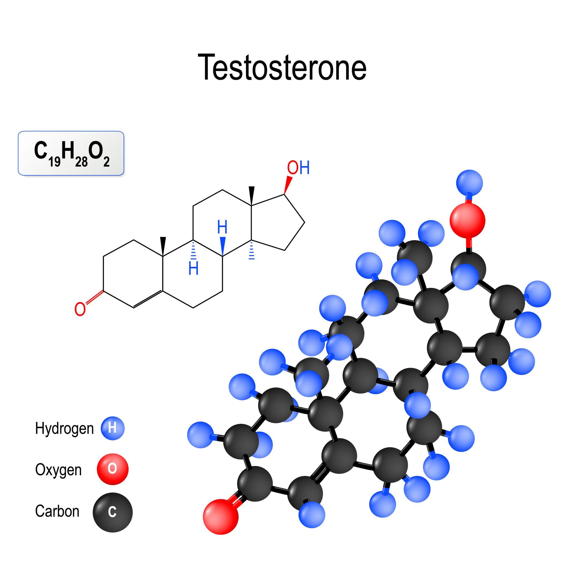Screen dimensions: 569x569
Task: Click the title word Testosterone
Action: pyautogui.click(x=283, y=67)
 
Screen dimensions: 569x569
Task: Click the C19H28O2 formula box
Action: pyautogui.click(x=71, y=153)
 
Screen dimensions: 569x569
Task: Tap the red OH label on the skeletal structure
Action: pyautogui.click(x=298, y=168)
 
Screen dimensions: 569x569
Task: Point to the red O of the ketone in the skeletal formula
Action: pyautogui.click(x=80, y=309)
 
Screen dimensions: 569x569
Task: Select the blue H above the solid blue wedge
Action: pyautogui.click(x=222, y=227)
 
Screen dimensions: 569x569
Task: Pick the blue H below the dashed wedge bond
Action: pyautogui.click(x=193, y=268)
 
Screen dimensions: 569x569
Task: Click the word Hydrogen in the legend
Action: pyautogui.click(x=64, y=428)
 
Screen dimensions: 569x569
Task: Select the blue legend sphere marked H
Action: pyautogui.click(x=113, y=428)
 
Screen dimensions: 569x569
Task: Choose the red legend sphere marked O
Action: pyautogui.click(x=113, y=469)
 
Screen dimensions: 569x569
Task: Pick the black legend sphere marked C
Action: pyautogui.click(x=113, y=512)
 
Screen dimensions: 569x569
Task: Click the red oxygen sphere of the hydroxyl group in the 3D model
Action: pyautogui.click(x=467, y=220)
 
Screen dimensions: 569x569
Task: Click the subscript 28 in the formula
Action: pyautogui.click(x=81, y=162)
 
